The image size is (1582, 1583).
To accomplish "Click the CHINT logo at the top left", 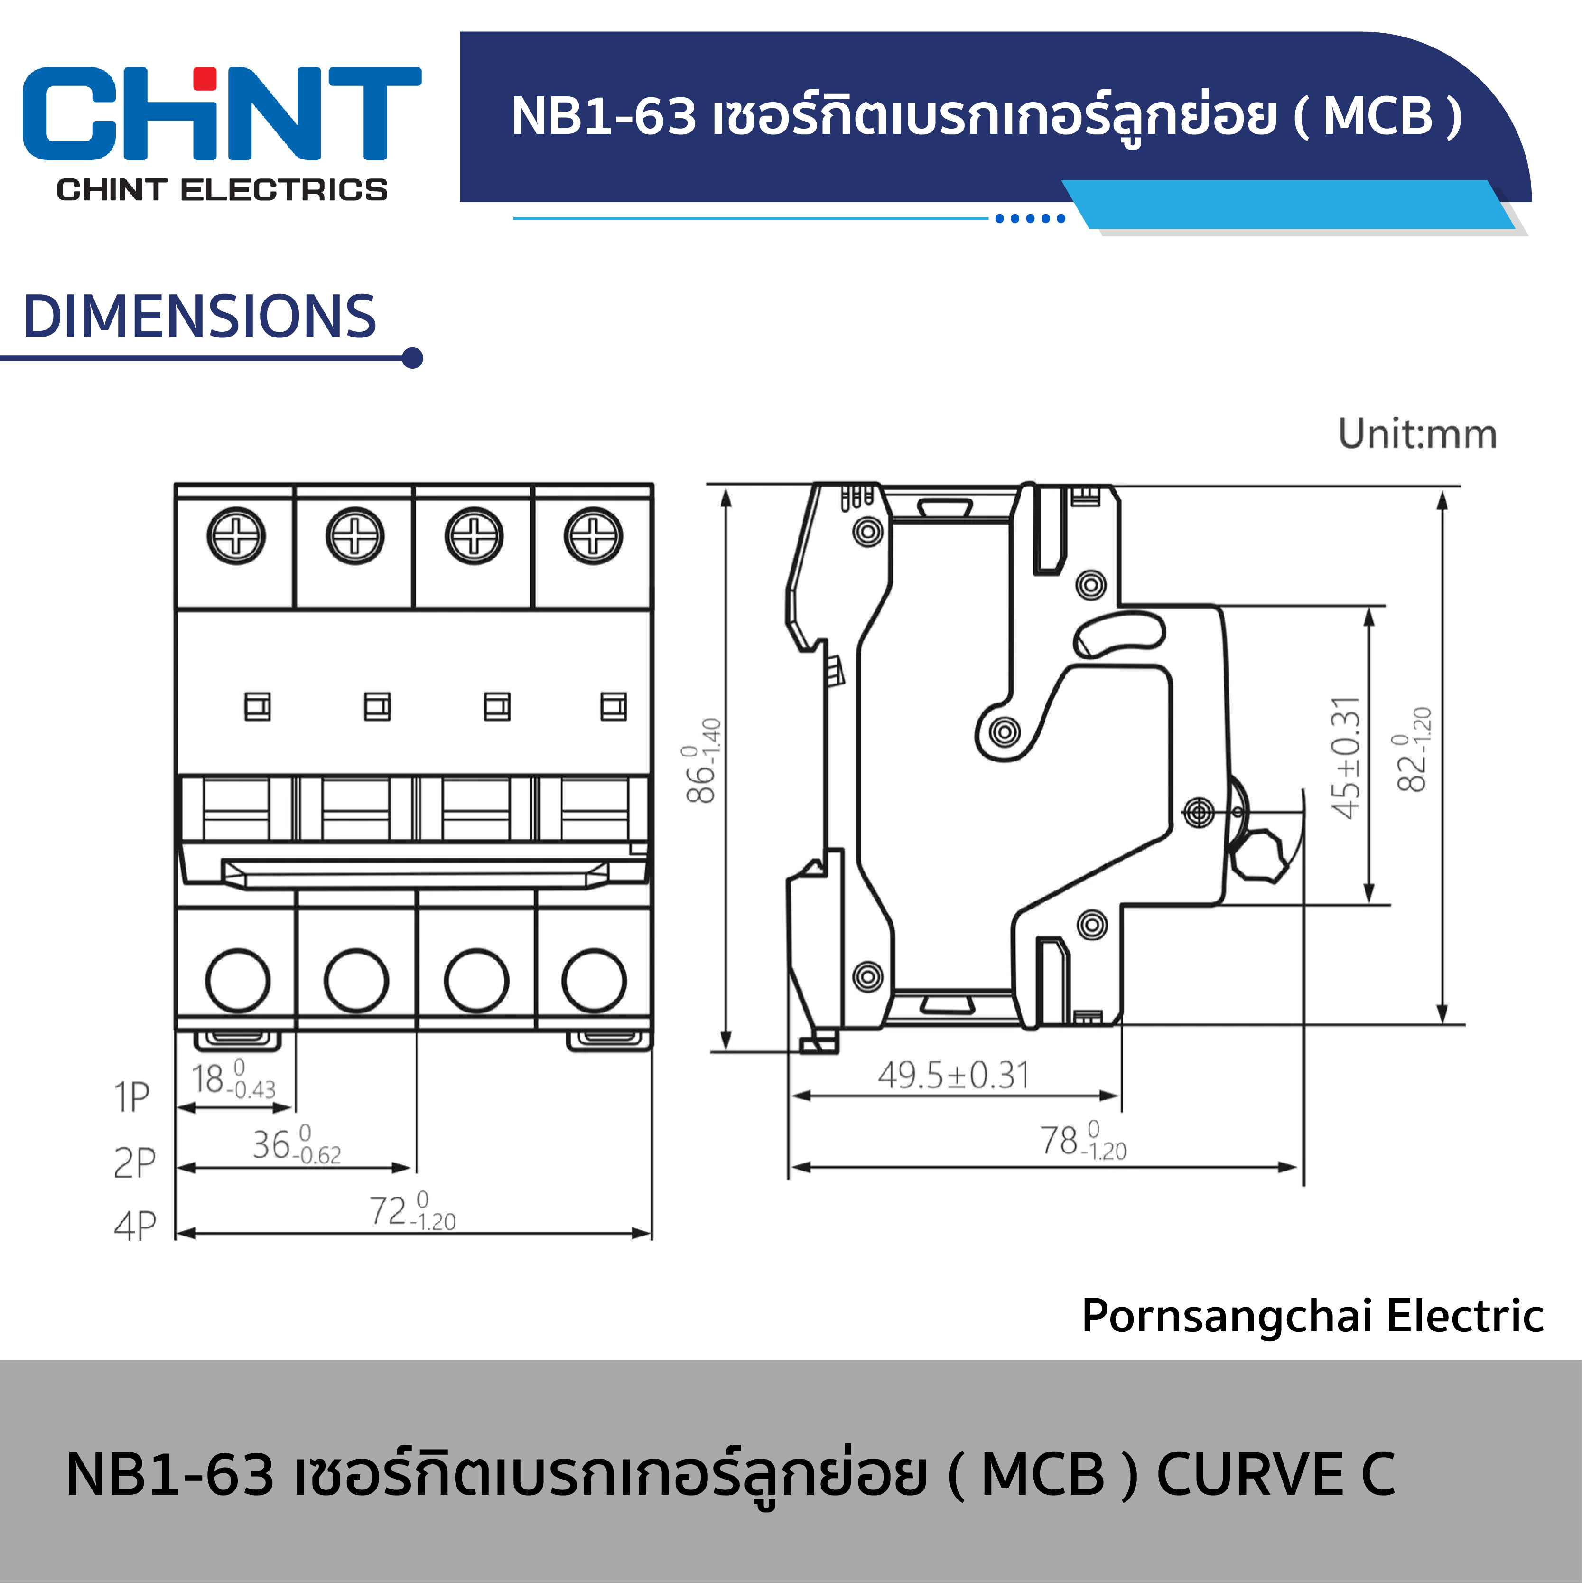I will tap(221, 131).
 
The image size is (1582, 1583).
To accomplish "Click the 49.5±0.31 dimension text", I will tap(953, 1076).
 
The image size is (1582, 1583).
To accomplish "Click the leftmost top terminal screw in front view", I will tap(236, 537).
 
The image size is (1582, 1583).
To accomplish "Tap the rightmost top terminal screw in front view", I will tap(593, 537).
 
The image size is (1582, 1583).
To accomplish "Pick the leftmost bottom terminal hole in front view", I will tap(238, 980).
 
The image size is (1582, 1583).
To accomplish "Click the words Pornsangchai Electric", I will tap(1312, 1316).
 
